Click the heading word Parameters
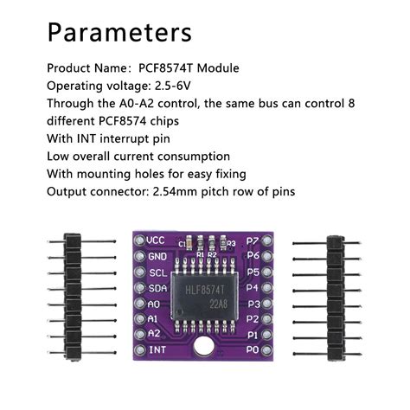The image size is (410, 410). tap(119, 32)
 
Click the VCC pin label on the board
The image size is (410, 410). tap(156, 240)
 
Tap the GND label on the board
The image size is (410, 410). tap(156, 256)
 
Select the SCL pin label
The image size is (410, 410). tap(156, 272)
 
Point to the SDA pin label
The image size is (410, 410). tap(156, 288)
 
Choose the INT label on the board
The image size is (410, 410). tap(156, 350)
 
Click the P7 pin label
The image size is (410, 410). tap(253, 240)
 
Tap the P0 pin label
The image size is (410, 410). tap(253, 350)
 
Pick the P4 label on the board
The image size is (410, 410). tap(253, 288)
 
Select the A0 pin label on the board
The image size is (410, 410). tap(154, 304)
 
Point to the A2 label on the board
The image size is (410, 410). tap(154, 334)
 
